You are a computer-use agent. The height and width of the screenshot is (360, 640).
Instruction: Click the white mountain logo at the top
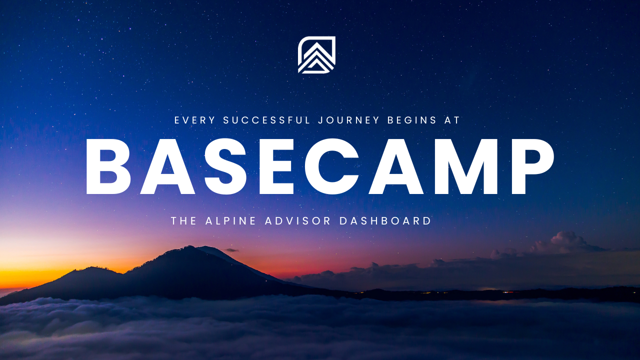tap(316, 55)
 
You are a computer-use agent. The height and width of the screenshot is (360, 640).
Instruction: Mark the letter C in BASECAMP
tap(328, 166)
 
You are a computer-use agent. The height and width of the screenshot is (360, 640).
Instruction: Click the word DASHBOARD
tap(385, 221)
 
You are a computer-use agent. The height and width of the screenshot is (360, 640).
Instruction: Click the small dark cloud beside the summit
tap(231, 250)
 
